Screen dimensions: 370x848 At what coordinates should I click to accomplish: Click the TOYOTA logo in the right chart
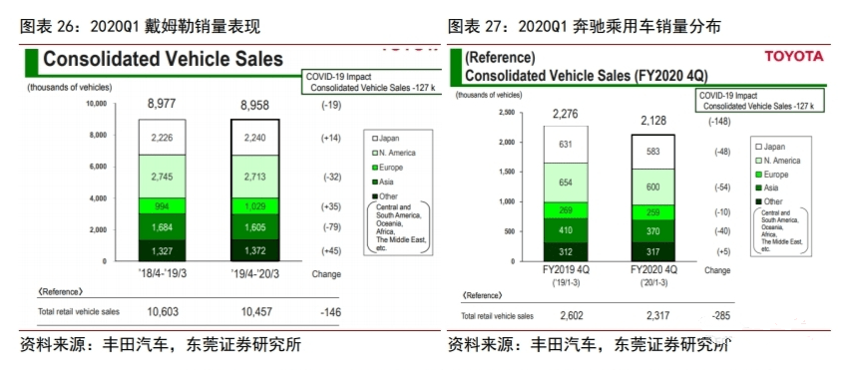(795, 57)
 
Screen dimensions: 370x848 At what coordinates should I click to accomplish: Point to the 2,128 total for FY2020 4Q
(652, 121)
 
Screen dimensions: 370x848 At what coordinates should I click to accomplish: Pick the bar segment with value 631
(566, 144)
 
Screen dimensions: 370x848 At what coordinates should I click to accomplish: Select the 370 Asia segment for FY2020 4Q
(652, 230)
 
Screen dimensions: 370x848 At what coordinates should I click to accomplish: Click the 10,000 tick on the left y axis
(95, 103)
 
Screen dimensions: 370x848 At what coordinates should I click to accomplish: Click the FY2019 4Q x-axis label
(567, 269)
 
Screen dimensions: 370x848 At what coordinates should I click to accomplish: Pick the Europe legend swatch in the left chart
(373, 167)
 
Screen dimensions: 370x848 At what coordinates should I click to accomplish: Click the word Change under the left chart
(326, 273)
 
